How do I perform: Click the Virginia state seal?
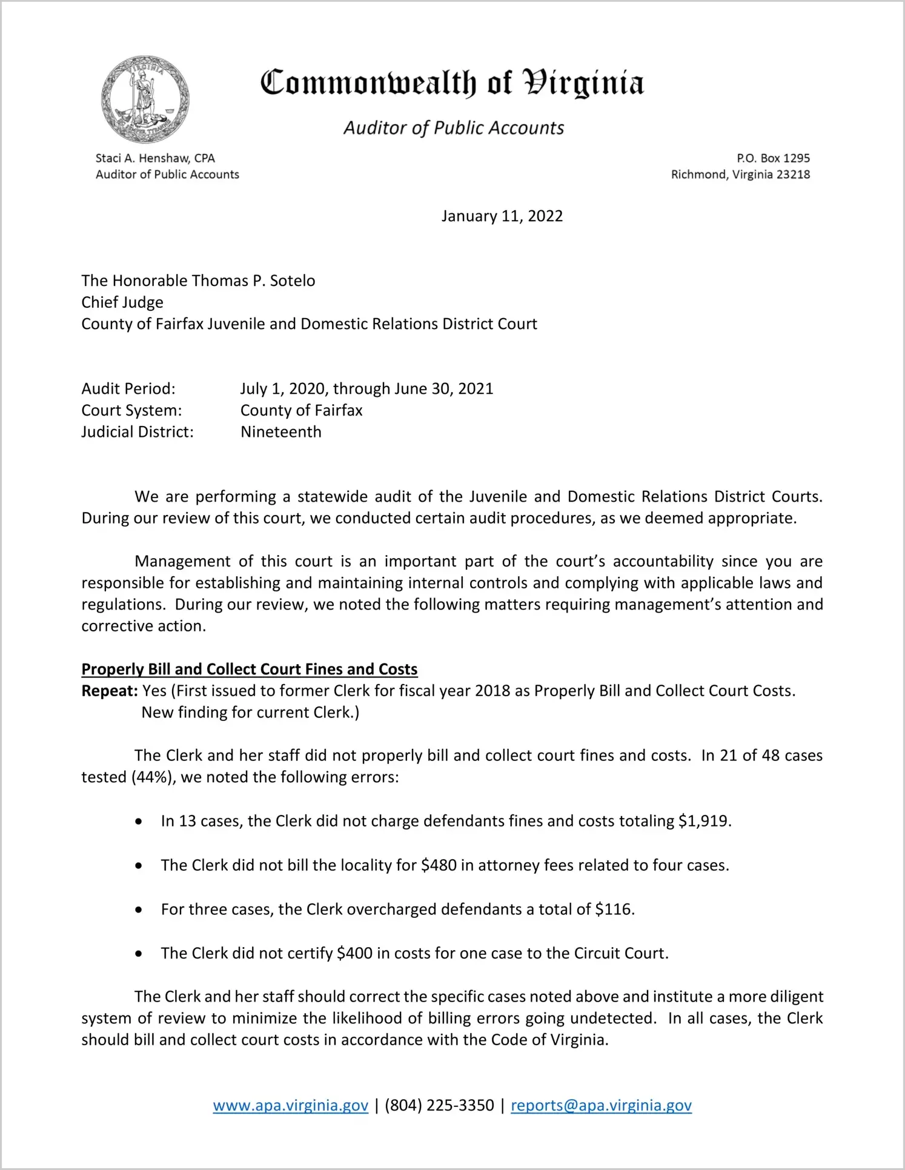click(145, 99)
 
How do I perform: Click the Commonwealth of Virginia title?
click(452, 84)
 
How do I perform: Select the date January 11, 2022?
click(502, 216)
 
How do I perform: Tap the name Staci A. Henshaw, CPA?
click(155, 158)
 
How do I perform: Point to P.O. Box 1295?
click(773, 158)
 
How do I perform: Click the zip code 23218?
click(793, 175)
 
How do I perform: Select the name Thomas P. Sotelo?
click(253, 281)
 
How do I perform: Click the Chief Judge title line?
click(122, 302)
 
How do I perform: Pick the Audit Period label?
click(128, 388)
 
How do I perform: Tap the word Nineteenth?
click(281, 432)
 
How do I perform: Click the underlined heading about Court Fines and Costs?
click(250, 669)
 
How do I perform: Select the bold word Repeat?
click(109, 691)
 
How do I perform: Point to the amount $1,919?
click(704, 821)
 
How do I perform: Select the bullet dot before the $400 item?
click(139, 954)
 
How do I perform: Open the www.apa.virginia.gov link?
click(291, 1106)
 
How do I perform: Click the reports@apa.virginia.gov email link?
click(601, 1106)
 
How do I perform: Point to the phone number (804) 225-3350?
click(439, 1106)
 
